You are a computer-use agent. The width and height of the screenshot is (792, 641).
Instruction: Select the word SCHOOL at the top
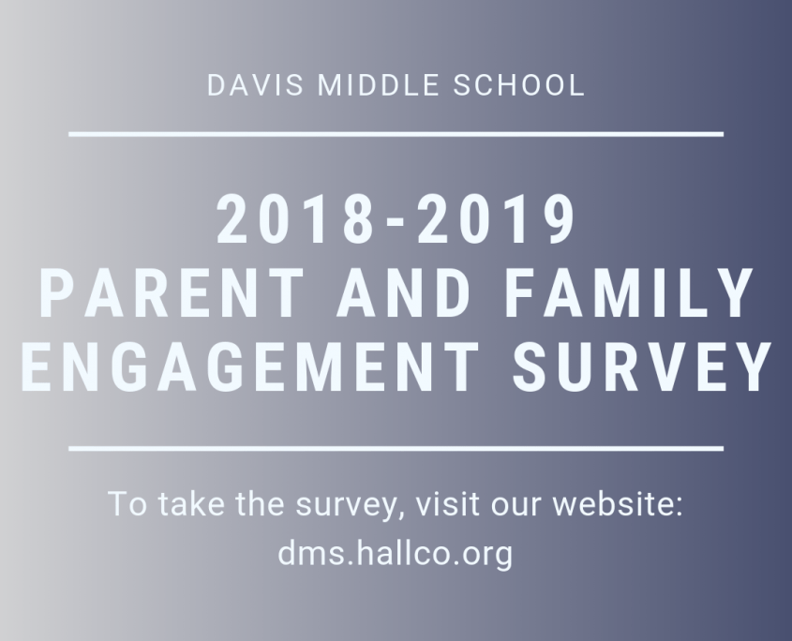click(518, 85)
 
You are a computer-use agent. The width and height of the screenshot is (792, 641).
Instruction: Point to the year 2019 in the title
click(496, 219)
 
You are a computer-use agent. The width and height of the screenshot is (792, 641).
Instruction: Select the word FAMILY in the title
click(629, 293)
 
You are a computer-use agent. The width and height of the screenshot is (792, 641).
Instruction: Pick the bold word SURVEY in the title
click(642, 366)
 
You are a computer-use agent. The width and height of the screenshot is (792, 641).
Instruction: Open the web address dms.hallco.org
click(396, 554)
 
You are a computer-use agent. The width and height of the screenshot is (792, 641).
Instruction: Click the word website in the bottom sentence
click(618, 503)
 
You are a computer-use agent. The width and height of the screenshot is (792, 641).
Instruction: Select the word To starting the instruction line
click(128, 503)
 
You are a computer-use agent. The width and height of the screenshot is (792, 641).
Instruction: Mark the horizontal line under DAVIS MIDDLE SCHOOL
click(396, 134)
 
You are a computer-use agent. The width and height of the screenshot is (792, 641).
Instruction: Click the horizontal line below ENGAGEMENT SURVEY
click(396, 449)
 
